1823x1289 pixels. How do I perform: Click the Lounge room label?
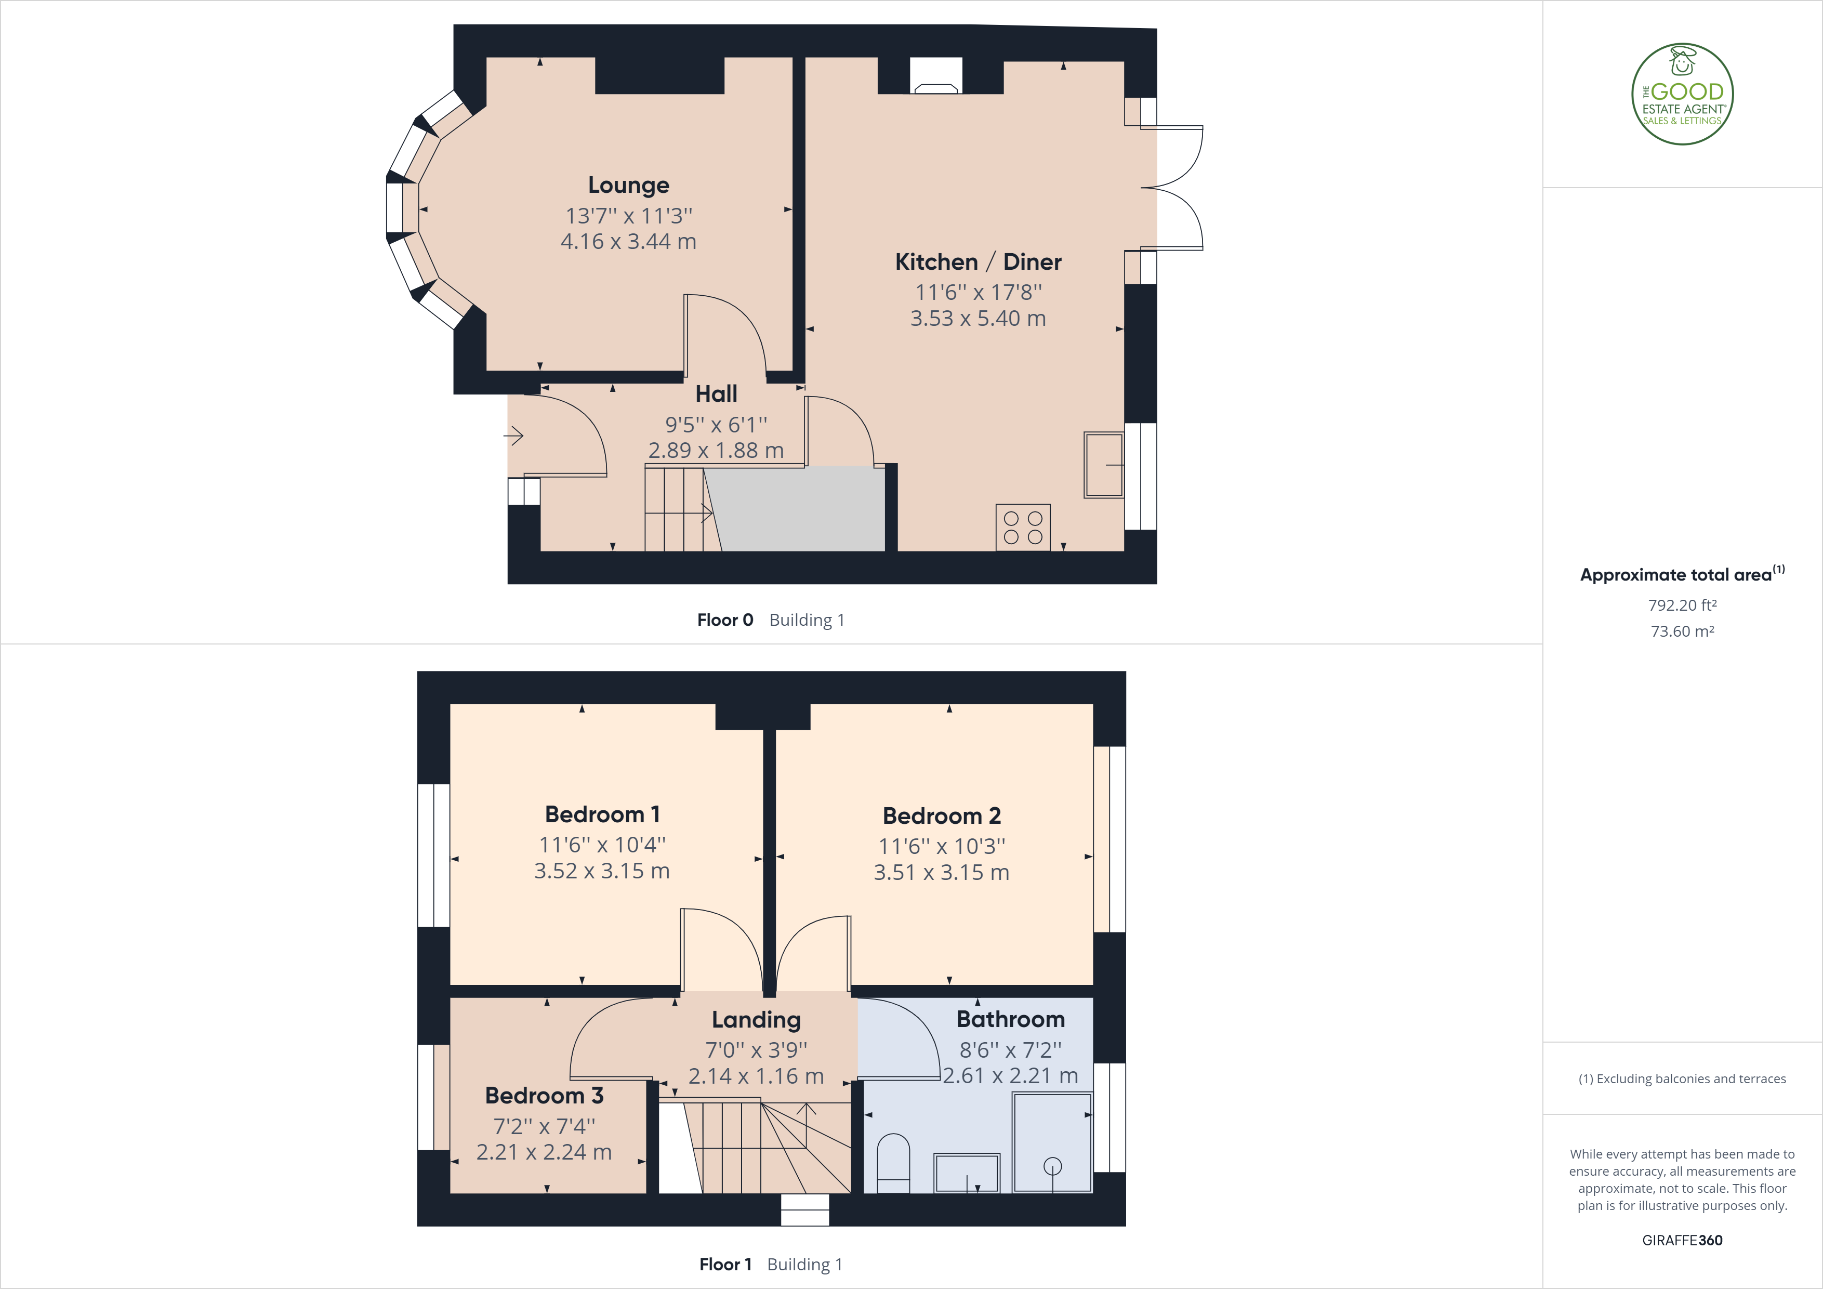(628, 185)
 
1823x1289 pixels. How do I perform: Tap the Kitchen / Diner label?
(977, 262)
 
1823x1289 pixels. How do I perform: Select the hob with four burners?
(1023, 528)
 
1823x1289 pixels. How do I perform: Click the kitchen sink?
(1104, 465)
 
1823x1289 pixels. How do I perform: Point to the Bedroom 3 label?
(544, 1096)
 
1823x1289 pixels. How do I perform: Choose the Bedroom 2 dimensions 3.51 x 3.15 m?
(941, 873)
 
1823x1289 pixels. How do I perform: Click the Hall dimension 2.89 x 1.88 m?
(716, 450)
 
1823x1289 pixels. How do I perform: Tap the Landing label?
(756, 1020)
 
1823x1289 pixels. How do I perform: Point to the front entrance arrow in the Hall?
(514, 435)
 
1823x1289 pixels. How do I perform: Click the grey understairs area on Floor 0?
(798, 508)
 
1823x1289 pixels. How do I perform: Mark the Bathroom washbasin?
(966, 1173)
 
